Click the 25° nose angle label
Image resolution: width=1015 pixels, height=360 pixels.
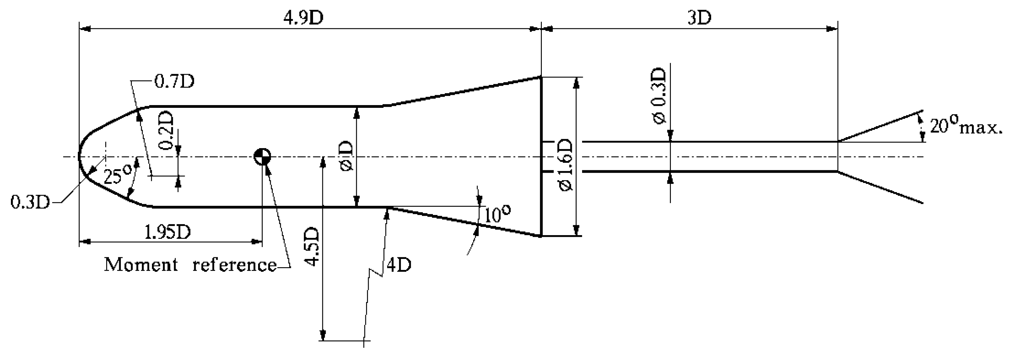click(x=118, y=175)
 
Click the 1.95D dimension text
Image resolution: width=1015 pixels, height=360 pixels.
click(x=167, y=232)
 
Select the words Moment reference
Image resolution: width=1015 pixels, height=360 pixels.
click(x=190, y=264)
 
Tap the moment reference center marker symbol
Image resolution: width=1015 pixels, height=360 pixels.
click(x=262, y=157)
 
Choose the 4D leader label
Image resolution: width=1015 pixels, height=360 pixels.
click(x=399, y=265)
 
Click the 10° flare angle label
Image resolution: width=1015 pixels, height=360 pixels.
click(x=497, y=214)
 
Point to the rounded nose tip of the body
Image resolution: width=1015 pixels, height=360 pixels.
click(x=79, y=157)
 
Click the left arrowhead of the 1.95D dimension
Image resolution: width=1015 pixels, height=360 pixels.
click(x=84, y=241)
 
